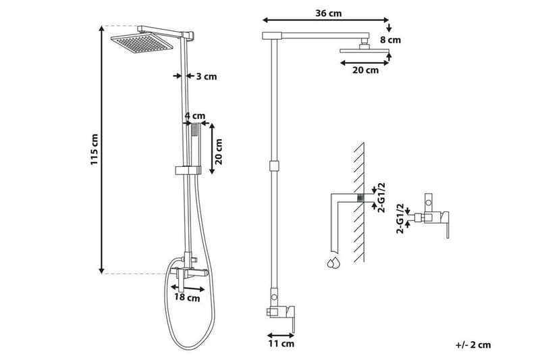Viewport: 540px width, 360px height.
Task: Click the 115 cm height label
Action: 94,150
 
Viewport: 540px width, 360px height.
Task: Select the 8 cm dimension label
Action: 390,40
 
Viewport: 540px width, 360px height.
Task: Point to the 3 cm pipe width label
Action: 207,76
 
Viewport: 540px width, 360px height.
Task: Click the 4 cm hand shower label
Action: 195,116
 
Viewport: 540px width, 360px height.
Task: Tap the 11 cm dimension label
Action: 282,344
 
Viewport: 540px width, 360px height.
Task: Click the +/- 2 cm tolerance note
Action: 473,344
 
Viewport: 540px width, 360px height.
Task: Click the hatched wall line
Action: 359,203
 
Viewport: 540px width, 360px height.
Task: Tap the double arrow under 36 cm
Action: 323,21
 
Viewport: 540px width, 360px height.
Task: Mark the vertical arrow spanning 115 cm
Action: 103,149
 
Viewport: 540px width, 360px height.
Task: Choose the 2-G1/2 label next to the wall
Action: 381,197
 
